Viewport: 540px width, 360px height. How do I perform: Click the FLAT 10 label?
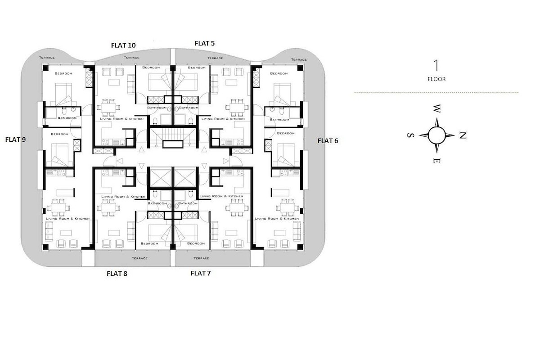tap(123, 45)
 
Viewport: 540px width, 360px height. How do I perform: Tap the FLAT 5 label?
tap(204, 43)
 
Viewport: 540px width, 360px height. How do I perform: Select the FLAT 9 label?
tap(15, 139)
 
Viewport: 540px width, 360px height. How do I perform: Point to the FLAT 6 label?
tap(328, 141)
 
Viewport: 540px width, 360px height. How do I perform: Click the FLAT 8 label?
tap(117, 274)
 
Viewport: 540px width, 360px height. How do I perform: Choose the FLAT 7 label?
tap(201, 273)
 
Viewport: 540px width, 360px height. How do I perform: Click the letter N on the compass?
tap(463, 135)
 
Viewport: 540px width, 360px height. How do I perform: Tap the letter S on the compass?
tap(410, 135)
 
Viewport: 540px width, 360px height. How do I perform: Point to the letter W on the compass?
tap(437, 109)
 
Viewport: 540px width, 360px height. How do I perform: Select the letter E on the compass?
tap(437, 161)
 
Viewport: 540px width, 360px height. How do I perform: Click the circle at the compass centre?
tap(437, 135)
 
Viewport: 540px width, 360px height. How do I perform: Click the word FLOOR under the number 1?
tap(436, 79)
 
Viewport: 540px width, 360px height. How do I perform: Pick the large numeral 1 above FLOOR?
tap(436, 65)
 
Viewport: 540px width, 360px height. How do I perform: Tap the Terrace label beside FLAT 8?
tap(139, 258)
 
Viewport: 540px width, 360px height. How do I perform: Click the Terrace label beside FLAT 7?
tap(201, 258)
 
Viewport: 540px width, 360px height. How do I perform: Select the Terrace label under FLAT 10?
tap(131, 58)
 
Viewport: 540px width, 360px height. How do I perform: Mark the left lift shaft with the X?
tap(160, 178)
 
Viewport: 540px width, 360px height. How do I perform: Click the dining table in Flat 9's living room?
tap(58, 207)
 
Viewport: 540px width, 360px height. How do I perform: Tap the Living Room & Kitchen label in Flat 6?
tap(277, 218)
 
